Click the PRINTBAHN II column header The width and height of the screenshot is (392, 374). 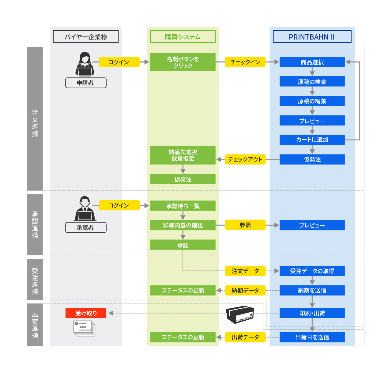click(x=312, y=37)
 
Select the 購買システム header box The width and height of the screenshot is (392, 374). click(x=183, y=37)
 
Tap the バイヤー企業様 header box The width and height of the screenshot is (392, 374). click(x=86, y=37)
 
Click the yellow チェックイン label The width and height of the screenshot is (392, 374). click(x=245, y=62)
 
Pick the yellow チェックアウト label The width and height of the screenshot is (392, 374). click(x=245, y=159)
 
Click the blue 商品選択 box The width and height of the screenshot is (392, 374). click(x=312, y=62)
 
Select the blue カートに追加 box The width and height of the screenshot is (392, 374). click(x=312, y=140)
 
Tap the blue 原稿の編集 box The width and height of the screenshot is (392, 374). click(x=312, y=101)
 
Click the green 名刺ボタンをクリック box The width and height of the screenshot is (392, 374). click(x=183, y=62)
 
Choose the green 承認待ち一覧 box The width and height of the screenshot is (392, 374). click(x=183, y=206)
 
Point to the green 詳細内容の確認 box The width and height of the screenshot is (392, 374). click(x=183, y=225)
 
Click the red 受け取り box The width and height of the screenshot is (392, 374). click(x=86, y=313)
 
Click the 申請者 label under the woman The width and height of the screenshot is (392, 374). click(x=86, y=83)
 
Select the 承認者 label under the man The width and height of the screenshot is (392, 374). click(x=86, y=228)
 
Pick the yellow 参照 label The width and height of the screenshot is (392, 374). click(x=245, y=225)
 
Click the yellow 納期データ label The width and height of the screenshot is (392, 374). click(x=245, y=290)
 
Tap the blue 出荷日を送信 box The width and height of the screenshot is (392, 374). click(x=312, y=337)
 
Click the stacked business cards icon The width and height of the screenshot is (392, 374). click(x=84, y=328)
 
